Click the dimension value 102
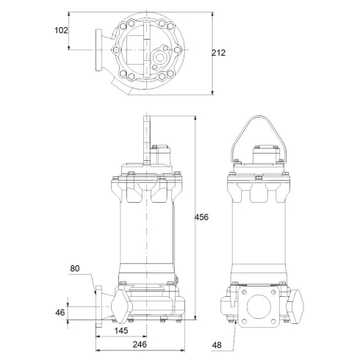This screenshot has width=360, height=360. point(61,30)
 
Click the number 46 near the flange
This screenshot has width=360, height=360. point(60,312)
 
